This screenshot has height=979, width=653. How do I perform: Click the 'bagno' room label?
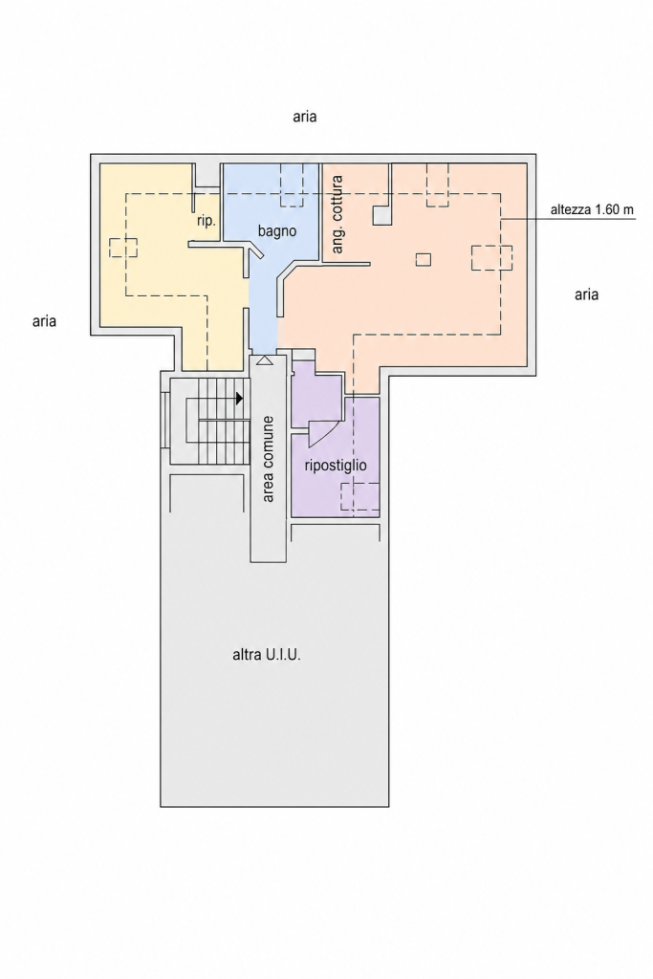click(277, 231)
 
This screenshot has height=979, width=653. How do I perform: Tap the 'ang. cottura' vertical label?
click(337, 214)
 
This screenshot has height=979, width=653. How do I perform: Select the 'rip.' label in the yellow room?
click(206, 221)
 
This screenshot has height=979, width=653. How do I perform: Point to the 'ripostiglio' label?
click(336, 466)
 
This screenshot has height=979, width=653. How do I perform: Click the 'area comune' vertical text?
click(269, 459)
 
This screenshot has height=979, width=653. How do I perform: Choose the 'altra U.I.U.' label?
click(267, 656)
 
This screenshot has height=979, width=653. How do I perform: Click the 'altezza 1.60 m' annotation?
click(592, 209)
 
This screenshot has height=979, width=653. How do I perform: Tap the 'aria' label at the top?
click(305, 117)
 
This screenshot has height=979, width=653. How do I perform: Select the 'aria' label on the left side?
click(44, 321)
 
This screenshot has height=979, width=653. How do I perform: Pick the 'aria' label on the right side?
click(586, 294)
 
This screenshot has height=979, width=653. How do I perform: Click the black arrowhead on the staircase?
click(240, 398)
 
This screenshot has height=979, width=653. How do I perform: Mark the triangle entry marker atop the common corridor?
click(264, 360)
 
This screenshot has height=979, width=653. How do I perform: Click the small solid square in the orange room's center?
click(424, 259)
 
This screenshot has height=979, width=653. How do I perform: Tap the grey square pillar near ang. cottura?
click(382, 215)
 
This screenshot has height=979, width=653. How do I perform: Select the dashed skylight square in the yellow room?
click(123, 248)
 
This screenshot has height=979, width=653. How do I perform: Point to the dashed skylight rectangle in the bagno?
click(293, 185)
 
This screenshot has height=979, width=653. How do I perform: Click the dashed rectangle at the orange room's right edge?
click(492, 258)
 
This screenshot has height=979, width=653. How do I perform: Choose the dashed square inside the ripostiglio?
click(360, 496)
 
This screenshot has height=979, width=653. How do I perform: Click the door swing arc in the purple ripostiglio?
click(327, 433)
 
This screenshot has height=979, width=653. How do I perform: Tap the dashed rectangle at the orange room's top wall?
click(438, 185)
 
